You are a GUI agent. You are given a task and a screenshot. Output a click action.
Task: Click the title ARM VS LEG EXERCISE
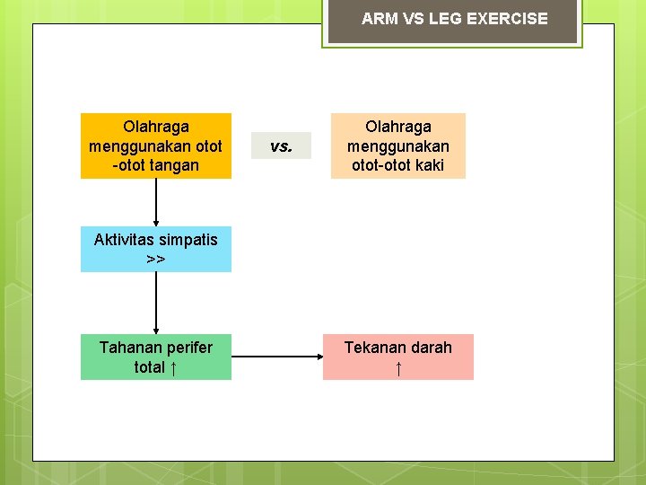point(454,19)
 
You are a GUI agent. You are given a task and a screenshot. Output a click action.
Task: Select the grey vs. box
point(281,145)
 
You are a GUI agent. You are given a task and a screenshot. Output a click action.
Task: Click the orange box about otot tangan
point(156,145)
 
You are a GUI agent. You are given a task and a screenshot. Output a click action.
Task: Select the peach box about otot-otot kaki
point(397,145)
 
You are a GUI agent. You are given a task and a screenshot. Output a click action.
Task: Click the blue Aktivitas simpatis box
point(156,249)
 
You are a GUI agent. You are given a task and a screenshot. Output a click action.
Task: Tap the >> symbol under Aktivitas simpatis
point(156,260)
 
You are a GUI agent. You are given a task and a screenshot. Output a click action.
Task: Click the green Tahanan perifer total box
point(156,357)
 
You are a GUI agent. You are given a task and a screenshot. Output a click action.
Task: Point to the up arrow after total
point(173,367)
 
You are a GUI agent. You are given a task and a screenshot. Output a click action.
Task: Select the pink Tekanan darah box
point(397,357)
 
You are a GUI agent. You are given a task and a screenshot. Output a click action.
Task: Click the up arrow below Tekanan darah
point(398,367)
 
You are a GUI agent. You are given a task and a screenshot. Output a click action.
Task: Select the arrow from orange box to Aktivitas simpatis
point(156,202)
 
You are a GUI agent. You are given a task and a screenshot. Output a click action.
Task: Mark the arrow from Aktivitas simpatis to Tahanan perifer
point(156,303)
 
